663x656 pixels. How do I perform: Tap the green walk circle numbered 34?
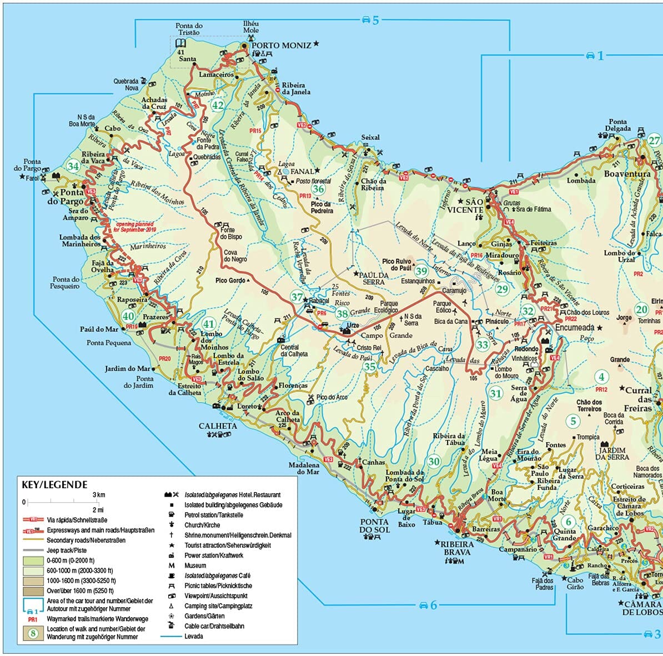tap(73, 166)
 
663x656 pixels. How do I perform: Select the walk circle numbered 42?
tap(218, 106)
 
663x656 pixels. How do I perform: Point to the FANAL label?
tap(302, 172)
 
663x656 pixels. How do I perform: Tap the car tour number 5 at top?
tap(370, 21)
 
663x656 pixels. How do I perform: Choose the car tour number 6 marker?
tap(428, 605)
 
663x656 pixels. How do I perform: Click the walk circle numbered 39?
tap(421, 271)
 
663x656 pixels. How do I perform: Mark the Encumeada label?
tap(574, 328)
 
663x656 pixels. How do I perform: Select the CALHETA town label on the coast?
tap(218, 426)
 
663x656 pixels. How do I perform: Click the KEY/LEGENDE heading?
tap(54, 484)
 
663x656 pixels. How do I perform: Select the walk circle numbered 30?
tap(434, 461)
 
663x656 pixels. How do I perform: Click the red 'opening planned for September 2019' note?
tap(135, 227)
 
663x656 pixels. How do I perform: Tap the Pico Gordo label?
tap(230, 281)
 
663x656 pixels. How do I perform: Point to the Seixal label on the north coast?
tap(370, 137)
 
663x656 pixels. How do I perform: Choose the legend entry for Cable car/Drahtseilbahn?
tap(214, 626)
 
